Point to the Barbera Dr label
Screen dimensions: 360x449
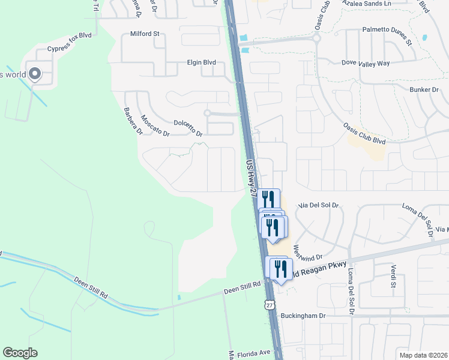point(132,121)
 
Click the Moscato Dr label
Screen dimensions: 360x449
point(154,125)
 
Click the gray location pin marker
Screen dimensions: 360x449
point(35,74)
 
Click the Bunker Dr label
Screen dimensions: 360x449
point(427,89)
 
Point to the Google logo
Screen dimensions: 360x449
point(20,353)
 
